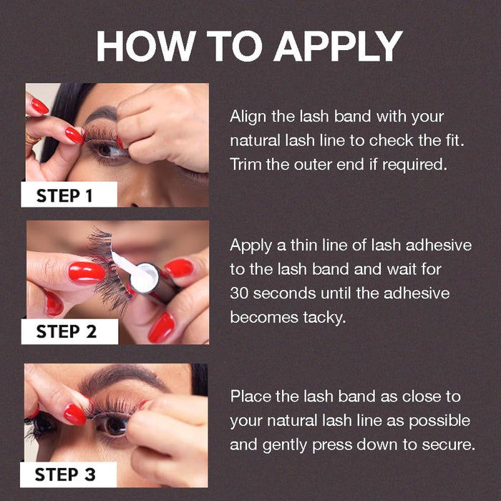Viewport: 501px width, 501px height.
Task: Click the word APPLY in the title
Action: [339, 47]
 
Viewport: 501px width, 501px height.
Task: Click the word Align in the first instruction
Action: [248, 117]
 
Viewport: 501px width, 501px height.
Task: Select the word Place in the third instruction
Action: [249, 397]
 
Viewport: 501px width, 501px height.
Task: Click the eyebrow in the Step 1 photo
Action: [100, 115]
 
